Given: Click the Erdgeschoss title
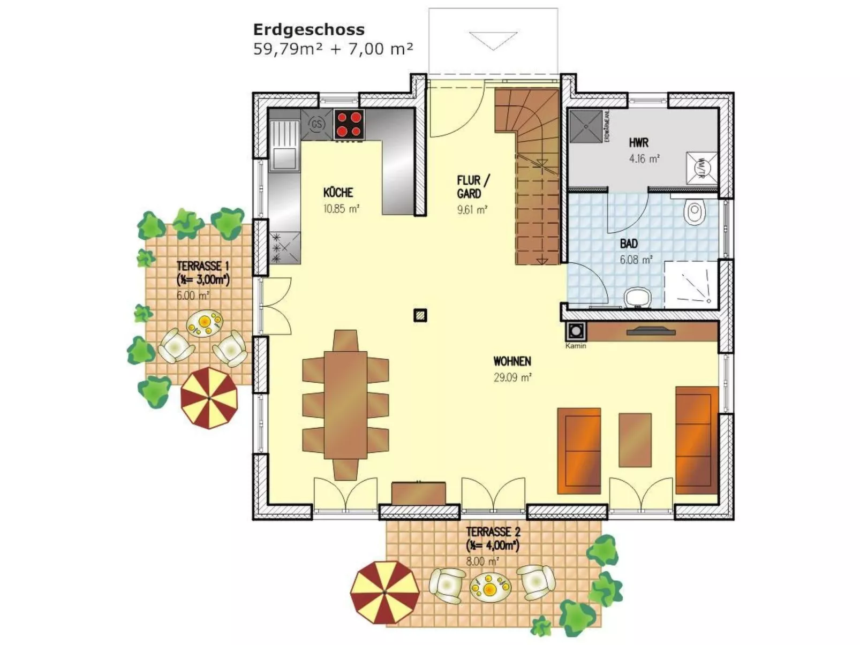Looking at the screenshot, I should coord(308,29).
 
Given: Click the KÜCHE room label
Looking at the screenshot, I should coord(338,193).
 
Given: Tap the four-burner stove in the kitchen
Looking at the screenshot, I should coord(349,124).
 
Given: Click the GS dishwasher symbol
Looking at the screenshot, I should coord(317,124).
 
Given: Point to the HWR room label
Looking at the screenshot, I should coord(638,143).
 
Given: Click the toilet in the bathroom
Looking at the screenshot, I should coord(695,212).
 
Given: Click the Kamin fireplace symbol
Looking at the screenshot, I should coord(576,331).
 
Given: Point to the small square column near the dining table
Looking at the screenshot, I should coord(420,315).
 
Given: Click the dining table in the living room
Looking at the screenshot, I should coord(345,405).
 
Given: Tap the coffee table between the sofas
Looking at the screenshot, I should coord(635,439).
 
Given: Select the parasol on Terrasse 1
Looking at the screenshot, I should coord(209,397).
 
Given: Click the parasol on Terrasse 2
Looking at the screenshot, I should coord(384,592).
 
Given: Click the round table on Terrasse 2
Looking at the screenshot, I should coord(490,587).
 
